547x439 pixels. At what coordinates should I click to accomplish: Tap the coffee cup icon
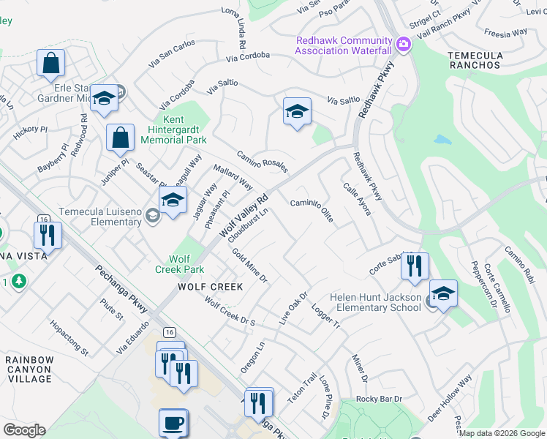(173, 423)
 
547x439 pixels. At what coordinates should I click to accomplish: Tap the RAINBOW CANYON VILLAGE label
(29, 369)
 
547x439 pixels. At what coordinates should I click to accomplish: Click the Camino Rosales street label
(261, 162)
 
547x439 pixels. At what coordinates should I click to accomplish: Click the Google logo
(24, 430)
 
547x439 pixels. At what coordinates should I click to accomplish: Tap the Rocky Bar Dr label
(380, 399)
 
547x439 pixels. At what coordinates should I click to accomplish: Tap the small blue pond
(442, 139)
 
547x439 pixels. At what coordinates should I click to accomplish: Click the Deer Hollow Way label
(450, 398)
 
